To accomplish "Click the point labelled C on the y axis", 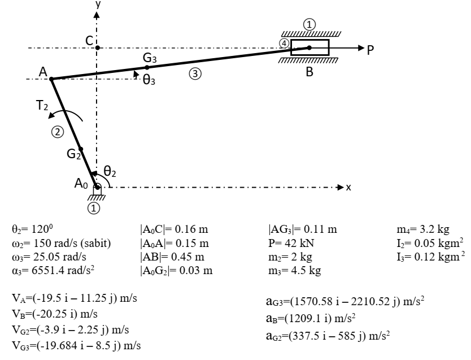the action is [x=97, y=48].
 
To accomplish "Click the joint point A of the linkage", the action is [x=51, y=79].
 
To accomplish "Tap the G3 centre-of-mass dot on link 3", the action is [x=147, y=67].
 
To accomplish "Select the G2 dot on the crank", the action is [x=81, y=149].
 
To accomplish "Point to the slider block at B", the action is [x=309, y=47].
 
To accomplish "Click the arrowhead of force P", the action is [x=361, y=48].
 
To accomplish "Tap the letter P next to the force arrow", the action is [x=370, y=50].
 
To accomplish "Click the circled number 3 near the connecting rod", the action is [x=195, y=73].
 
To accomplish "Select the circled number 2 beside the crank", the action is [x=58, y=132].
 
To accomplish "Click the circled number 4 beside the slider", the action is [x=284, y=44].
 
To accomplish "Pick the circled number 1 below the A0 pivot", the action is [x=93, y=208].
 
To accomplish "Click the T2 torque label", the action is [x=42, y=106].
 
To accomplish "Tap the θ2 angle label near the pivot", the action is [x=110, y=171].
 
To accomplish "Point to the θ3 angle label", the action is [x=149, y=80].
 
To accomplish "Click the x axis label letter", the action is [x=348, y=187].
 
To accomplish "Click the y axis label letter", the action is [x=98, y=4].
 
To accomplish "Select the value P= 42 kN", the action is [x=291, y=243].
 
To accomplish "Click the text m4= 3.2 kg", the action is [x=423, y=229].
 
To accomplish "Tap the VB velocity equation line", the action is [x=55, y=314].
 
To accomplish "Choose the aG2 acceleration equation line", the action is [x=328, y=335].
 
